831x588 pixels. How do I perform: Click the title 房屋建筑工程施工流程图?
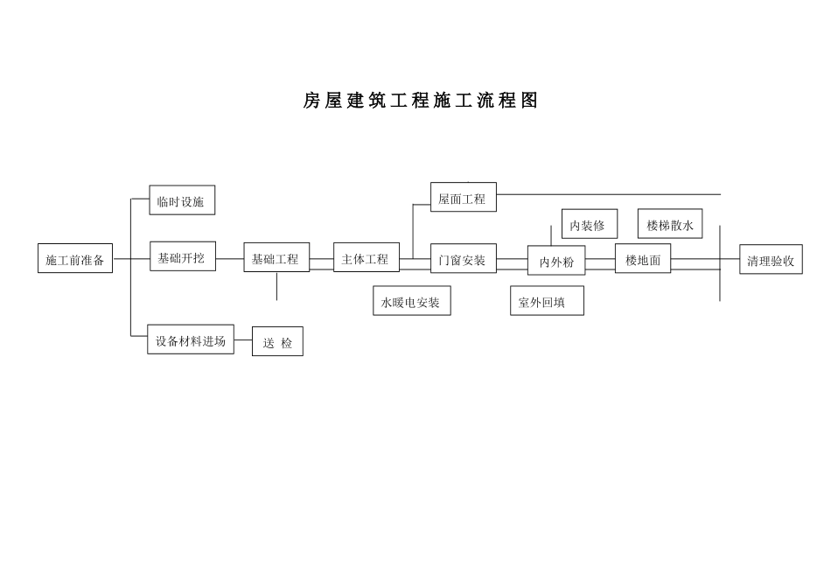(420, 101)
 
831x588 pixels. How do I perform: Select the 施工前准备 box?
(75, 258)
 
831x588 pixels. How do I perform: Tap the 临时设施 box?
(182, 199)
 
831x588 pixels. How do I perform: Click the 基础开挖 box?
(182, 256)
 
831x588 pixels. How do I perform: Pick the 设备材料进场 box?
(191, 339)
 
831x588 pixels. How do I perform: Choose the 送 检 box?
(277, 341)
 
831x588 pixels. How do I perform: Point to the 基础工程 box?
(276, 257)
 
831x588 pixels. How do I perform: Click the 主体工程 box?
(367, 257)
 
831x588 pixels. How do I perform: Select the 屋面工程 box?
(464, 197)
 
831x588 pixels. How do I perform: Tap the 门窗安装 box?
(464, 258)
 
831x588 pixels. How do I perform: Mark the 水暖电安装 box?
(412, 301)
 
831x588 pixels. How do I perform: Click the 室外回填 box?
(547, 301)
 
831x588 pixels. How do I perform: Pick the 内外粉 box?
(556, 261)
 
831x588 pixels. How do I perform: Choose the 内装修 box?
(590, 224)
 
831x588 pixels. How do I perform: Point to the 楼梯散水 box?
(670, 223)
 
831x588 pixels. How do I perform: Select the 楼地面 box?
(643, 258)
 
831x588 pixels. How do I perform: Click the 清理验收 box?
(771, 259)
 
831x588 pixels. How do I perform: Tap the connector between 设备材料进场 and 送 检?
(242, 339)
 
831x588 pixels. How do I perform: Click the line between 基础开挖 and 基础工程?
(229, 259)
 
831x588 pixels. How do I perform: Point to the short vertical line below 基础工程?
(276, 286)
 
